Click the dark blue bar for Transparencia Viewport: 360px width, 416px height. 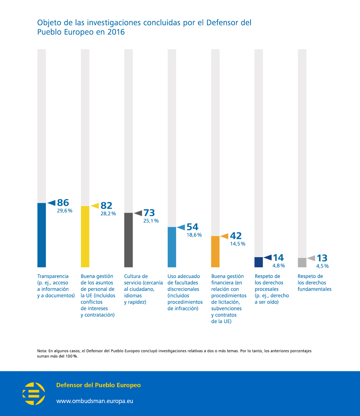click(x=42, y=235)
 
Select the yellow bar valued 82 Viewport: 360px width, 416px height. click(x=85, y=237)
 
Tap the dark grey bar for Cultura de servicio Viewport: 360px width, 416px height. click(x=129, y=240)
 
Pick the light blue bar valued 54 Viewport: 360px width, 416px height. click(x=172, y=247)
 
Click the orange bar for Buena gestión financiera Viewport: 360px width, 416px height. click(x=215, y=251)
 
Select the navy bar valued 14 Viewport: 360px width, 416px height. click(x=259, y=262)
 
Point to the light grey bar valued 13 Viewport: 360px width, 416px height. click(x=302, y=263)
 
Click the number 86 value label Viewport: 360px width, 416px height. click(x=63, y=203)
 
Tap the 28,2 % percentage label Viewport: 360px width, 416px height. click(x=108, y=214)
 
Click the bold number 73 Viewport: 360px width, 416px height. click(x=149, y=213)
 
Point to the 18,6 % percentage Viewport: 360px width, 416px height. click(x=194, y=235)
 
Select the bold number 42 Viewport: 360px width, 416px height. click(x=236, y=236)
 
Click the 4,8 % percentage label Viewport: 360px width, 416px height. click(x=279, y=265)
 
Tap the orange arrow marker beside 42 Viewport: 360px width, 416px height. click(x=224, y=236)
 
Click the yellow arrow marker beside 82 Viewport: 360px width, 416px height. click(x=95, y=206)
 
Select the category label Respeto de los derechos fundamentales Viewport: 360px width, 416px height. click(x=314, y=282)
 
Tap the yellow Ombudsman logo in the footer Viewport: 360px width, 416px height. click(x=34, y=394)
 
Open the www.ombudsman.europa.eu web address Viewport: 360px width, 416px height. click(x=95, y=401)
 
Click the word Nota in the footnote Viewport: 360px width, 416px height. click(x=42, y=351)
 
